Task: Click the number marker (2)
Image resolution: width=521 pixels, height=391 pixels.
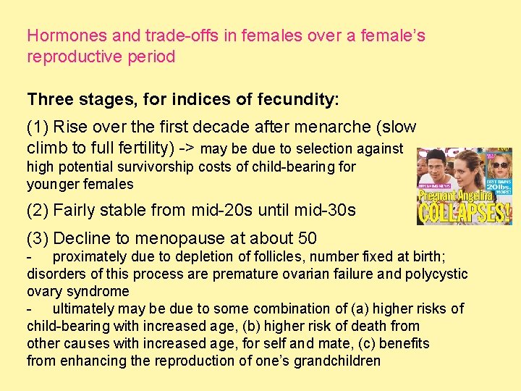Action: click(x=38, y=211)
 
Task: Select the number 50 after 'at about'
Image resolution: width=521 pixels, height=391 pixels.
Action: click(x=307, y=238)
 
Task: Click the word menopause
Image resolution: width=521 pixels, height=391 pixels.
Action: click(x=174, y=238)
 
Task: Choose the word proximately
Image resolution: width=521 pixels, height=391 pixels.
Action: click(x=91, y=257)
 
